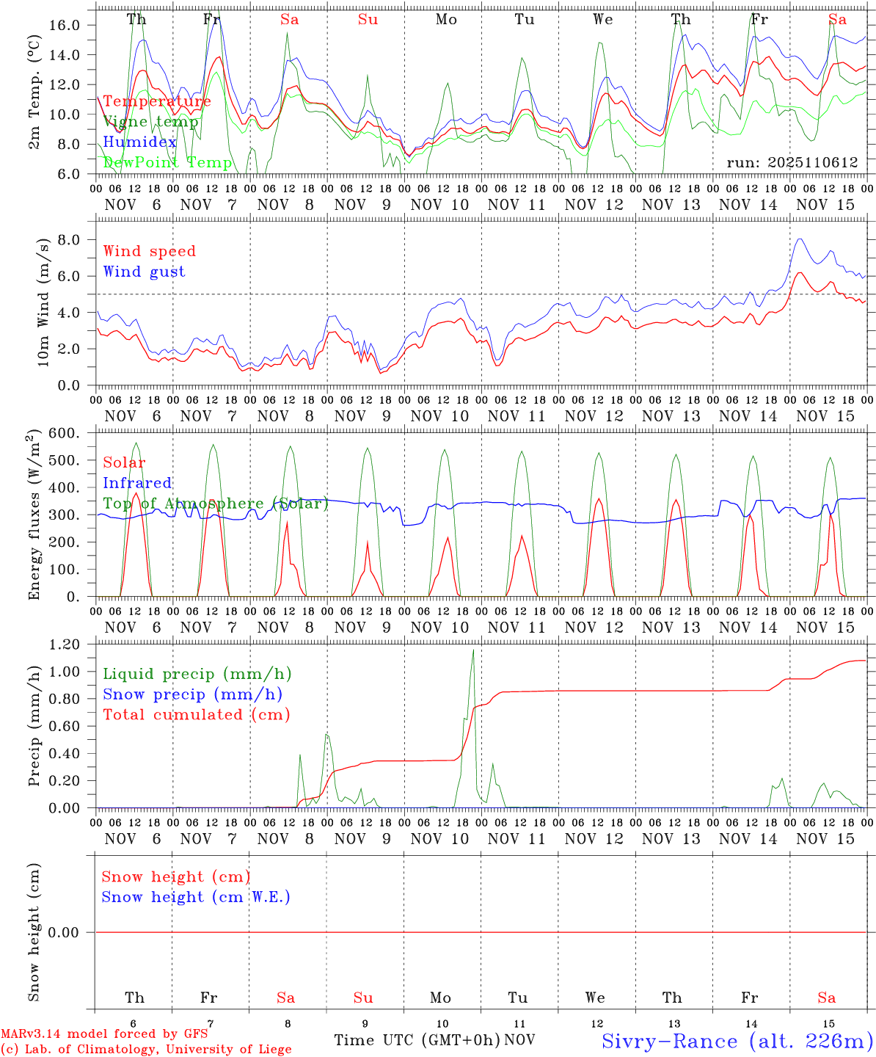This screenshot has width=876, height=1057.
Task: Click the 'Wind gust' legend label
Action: pyautogui.click(x=144, y=272)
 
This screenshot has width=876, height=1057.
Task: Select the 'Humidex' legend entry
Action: pyautogui.click(x=139, y=142)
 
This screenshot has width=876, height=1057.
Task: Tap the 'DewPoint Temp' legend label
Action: pyautogui.click(x=167, y=162)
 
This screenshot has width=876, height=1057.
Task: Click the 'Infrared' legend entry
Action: pyautogui.click(x=137, y=483)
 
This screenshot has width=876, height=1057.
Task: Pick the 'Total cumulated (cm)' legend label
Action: pyautogui.click(x=196, y=714)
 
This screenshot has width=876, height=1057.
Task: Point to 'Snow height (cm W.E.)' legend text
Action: pyautogui.click(x=196, y=897)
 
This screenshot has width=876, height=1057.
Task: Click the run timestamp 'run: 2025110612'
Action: pyautogui.click(x=792, y=162)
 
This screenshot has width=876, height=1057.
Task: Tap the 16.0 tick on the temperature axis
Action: pyautogui.click(x=65, y=25)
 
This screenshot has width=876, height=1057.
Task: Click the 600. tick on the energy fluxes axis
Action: pyautogui.click(x=64, y=433)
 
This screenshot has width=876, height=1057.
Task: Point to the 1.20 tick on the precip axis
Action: pyautogui.click(x=64, y=644)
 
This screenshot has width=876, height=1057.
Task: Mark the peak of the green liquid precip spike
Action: pyautogui.click(x=473, y=650)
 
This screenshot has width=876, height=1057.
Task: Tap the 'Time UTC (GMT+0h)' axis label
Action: pyautogui.click(x=417, y=1040)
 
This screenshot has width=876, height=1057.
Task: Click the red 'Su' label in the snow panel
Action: pyautogui.click(x=363, y=998)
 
